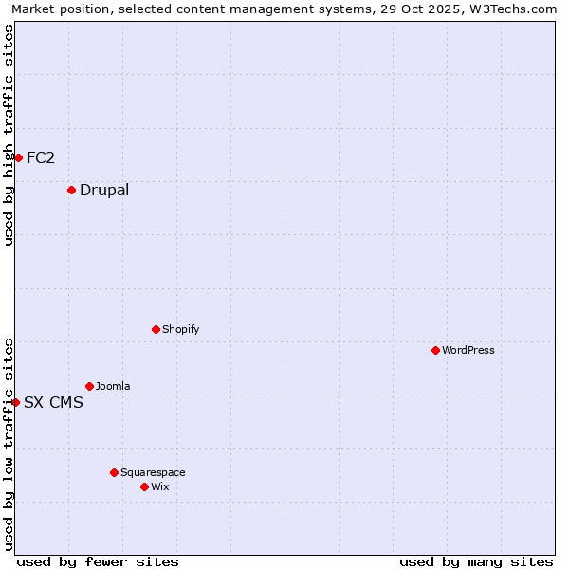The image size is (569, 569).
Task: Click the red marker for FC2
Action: tap(18, 157)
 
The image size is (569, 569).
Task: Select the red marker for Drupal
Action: tap(71, 191)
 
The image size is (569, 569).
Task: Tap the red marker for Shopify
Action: tap(156, 330)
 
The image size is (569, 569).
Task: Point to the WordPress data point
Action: tap(435, 351)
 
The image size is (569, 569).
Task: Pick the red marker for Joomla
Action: tap(89, 387)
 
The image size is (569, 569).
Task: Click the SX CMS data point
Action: tap(16, 402)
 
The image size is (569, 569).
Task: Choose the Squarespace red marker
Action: tap(114, 472)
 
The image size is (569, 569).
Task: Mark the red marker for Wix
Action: tap(144, 486)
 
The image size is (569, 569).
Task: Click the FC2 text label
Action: tap(41, 157)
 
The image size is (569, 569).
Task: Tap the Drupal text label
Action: tap(104, 191)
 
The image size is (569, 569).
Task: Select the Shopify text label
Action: tap(180, 330)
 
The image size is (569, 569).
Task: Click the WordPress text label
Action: tap(468, 351)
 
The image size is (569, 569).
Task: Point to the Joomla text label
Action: tap(113, 387)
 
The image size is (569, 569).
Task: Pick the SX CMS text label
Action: tap(53, 402)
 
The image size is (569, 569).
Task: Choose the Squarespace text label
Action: tap(153, 472)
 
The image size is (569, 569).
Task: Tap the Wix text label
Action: tap(159, 486)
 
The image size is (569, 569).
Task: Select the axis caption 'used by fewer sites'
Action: tap(98, 561)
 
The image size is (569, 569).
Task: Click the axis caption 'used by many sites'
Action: tap(476, 561)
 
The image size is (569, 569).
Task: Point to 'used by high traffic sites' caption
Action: tap(9, 135)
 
